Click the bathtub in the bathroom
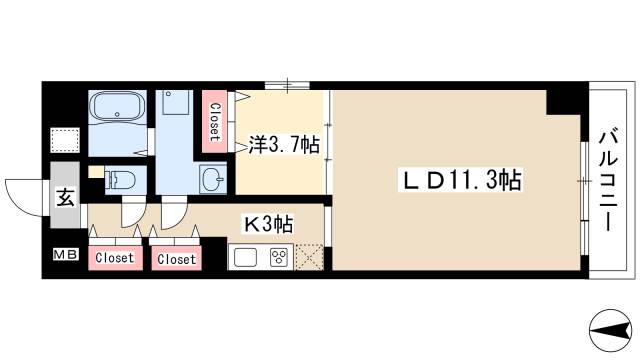pos(119,108)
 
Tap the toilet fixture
pos(119,180)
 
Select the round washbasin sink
pos(213,179)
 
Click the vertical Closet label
pos(214,121)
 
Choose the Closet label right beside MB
pos(113,258)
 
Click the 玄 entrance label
pos(64,197)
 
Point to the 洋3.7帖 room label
pos(283,146)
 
